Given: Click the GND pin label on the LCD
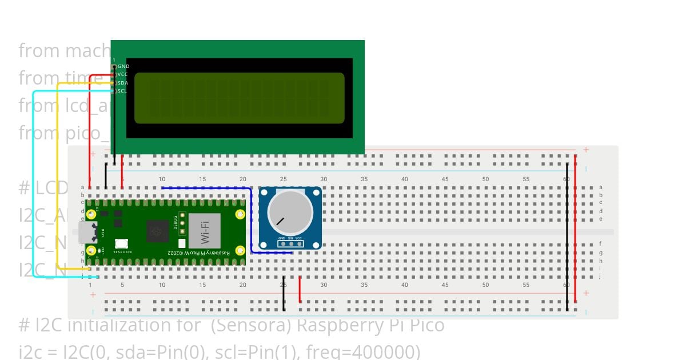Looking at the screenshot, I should click(x=123, y=66).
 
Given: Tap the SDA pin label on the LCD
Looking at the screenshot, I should click(x=123, y=83).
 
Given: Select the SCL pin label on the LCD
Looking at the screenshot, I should click(x=122, y=91).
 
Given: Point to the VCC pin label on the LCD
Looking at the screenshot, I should click(x=122, y=74).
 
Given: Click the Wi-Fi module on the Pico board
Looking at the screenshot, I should click(x=204, y=231).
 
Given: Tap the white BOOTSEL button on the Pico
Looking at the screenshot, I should click(x=121, y=243).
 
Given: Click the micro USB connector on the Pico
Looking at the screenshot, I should click(x=88, y=232).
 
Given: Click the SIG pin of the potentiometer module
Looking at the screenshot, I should click(x=290, y=244).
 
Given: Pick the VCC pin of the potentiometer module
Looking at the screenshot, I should click(x=298, y=244).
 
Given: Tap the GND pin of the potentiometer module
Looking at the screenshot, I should click(x=282, y=244).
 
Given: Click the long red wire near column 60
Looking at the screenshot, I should click(x=575, y=229).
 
